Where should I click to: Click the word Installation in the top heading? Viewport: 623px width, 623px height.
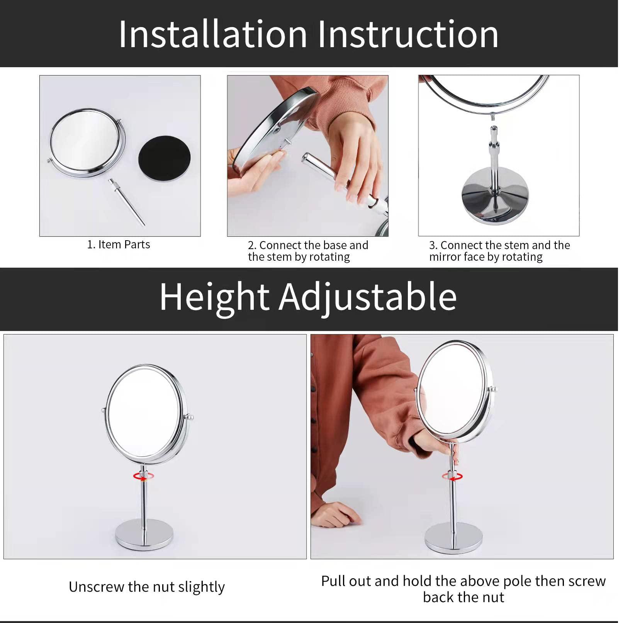click(212, 35)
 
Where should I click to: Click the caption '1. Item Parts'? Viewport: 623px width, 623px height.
click(119, 244)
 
